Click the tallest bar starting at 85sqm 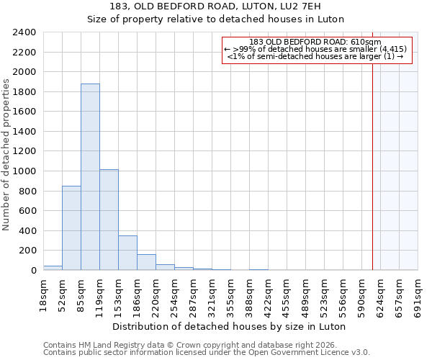[x=90, y=177]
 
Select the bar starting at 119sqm [x=109, y=220]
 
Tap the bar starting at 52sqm [x=71, y=228]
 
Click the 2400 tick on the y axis [x=25, y=32]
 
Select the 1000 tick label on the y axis [x=25, y=171]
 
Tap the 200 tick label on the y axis [x=28, y=251]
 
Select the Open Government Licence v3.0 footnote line [x=207, y=353]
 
